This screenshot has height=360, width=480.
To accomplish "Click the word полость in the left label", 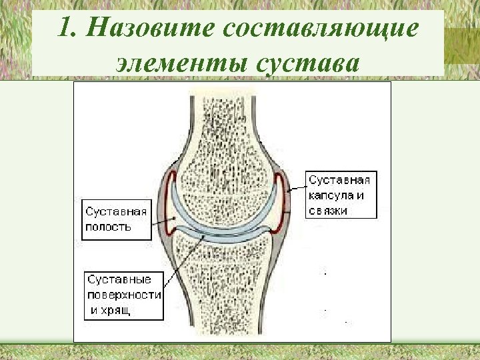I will tap(109, 227).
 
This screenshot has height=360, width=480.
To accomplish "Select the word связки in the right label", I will tap(328, 211).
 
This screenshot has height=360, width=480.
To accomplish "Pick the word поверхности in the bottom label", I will tap(124, 295).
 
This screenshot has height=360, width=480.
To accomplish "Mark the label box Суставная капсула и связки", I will tap(341, 195).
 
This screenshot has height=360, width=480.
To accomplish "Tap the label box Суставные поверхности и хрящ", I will tap(123, 295).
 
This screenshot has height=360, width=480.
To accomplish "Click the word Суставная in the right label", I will tap(339, 180).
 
